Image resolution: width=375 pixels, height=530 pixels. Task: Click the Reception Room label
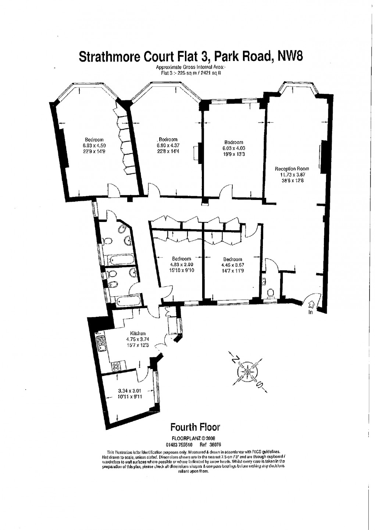click(292, 169)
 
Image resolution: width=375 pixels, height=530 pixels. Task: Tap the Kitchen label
click(136, 333)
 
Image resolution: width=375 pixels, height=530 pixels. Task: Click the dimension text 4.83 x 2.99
click(182, 265)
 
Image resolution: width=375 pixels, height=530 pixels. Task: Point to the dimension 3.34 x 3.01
click(129, 391)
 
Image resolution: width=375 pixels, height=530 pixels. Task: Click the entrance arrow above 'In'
click(311, 304)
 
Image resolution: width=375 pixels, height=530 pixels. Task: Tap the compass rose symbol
click(247, 372)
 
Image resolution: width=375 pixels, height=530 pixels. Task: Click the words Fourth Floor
click(195, 427)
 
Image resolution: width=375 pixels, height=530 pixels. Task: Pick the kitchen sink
click(101, 343)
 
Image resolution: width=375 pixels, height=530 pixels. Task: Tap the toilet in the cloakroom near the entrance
click(271, 293)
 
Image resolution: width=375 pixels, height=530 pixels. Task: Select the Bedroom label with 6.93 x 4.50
click(94, 140)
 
